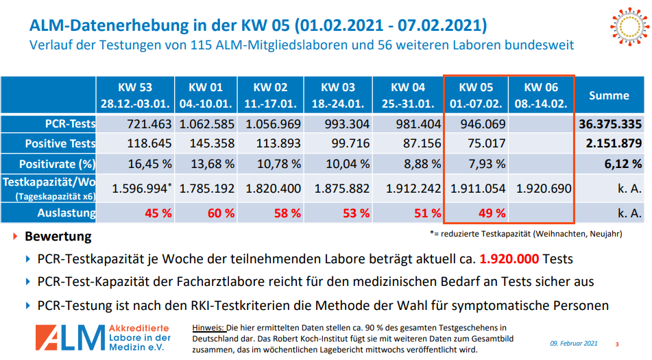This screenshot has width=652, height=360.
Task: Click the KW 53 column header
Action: click(135, 95)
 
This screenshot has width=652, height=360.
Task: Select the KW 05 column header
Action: click(476, 95)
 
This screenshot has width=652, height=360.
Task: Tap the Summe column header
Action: click(609, 95)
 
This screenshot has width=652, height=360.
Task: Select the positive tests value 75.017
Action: click(485, 144)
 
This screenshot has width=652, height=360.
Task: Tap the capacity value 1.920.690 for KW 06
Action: click(542, 189)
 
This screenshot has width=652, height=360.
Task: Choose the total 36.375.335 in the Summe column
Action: click(611, 124)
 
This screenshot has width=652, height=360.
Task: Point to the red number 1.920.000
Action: click(509, 261)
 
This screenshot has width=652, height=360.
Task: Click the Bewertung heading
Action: click(58, 237)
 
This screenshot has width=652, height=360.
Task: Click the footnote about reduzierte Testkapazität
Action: click(526, 234)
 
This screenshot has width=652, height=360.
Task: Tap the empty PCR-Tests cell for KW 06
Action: click(542, 124)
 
